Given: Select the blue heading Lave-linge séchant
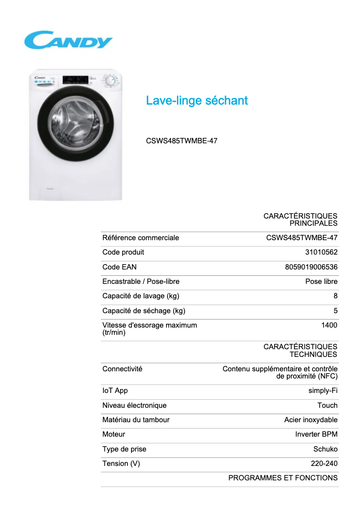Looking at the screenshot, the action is tap(197, 100).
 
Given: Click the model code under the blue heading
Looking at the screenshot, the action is tap(181, 141).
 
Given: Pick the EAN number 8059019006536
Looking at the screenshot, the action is tap(311, 267).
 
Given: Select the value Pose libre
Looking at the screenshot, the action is tap(321, 282).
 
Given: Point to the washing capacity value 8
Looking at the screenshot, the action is tap(335, 296).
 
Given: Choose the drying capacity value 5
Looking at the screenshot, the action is tap(335, 310).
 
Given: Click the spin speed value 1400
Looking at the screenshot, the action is tap(329, 325).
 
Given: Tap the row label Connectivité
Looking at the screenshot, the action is tap(122, 369).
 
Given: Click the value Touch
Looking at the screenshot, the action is tap(327, 405).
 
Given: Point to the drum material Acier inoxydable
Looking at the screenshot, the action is tap(311, 420).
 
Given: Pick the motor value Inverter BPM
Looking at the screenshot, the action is tap(316, 434).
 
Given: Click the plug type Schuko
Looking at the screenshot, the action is tap(325, 449).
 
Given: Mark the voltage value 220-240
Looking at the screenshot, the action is tap(324, 463).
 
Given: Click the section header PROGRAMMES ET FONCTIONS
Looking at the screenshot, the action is tap(283, 478).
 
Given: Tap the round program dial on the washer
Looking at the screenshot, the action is tap(109, 82).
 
